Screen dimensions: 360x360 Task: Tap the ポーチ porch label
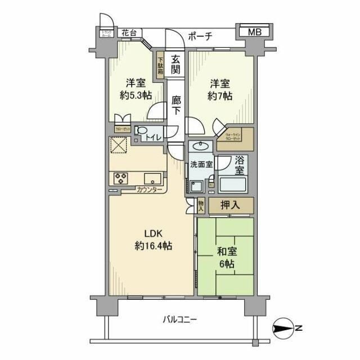(x=199, y=37)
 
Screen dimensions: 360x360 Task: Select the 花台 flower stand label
(x=129, y=33)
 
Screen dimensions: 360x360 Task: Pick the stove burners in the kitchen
(x=121, y=178)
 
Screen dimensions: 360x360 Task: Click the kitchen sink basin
(x=153, y=178)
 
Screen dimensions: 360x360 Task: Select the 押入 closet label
(x=230, y=205)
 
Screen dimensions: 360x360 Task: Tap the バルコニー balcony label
(x=180, y=319)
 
